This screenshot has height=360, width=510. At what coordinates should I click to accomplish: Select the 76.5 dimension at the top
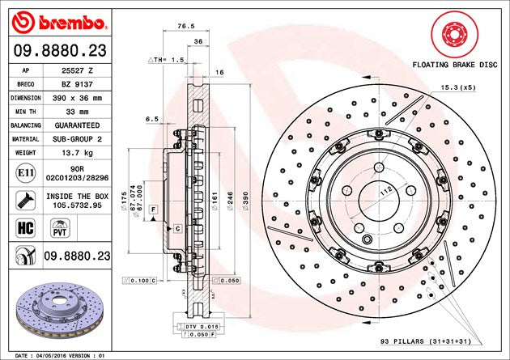coord(185,27)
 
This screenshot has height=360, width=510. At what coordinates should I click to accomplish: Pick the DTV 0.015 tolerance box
coord(192,325)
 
